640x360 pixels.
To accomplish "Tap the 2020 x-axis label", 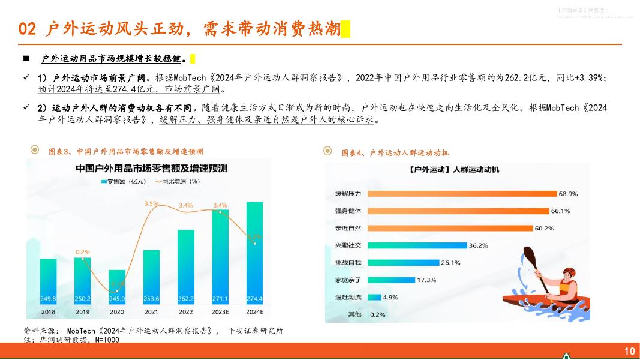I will coord(117,312).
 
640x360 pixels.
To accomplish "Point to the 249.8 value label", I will coord(48,299).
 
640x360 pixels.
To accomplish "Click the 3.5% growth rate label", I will coord(151,204).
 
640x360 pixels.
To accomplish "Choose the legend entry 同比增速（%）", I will coord(178,181).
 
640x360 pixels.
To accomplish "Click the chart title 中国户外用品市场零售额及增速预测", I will coord(151,169).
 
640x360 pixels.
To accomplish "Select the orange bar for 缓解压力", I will coord(462,194).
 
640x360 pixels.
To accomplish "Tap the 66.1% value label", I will coord(560,211).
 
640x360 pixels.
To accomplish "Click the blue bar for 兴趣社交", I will coord(417,245).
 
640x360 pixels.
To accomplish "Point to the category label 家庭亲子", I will coord(348,280).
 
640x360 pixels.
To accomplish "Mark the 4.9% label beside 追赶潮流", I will coord(390,297).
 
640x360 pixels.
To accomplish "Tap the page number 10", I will coord(629,351).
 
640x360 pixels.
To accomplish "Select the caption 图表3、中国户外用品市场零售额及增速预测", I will coord(125,151).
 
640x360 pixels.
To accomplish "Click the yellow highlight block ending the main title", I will coord(345,29).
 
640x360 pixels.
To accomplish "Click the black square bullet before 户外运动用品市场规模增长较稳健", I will coord(26,59).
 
